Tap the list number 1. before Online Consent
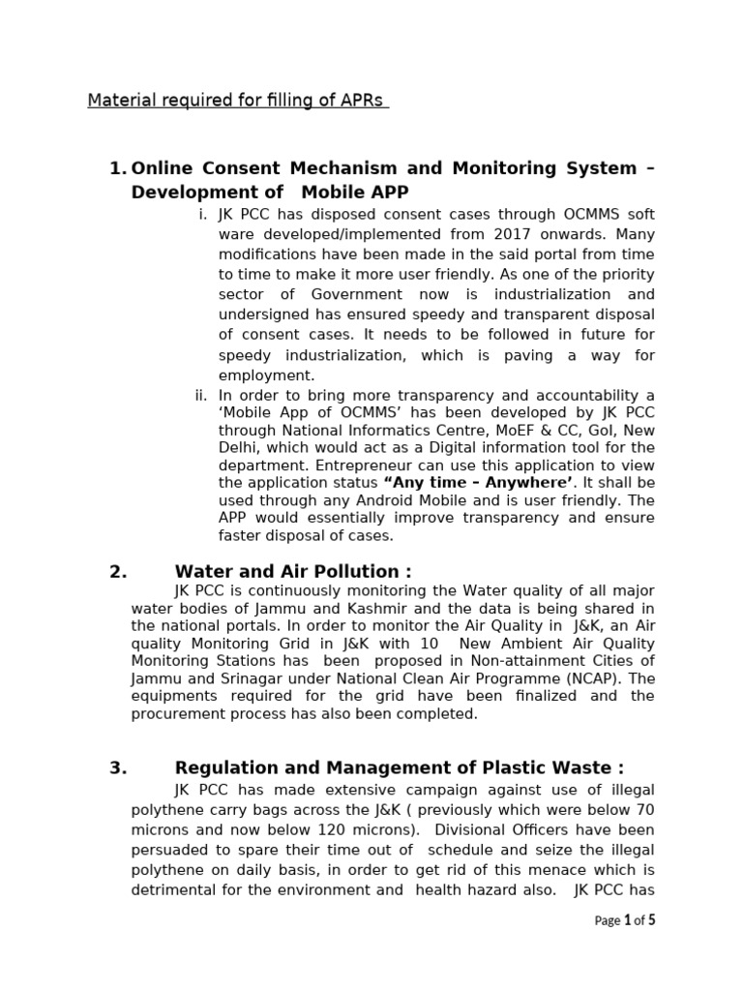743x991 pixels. pos(118,168)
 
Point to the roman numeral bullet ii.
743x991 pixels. pos(200,395)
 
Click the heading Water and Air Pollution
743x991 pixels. pos(292,571)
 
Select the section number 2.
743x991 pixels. pos(118,571)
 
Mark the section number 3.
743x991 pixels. pos(118,768)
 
